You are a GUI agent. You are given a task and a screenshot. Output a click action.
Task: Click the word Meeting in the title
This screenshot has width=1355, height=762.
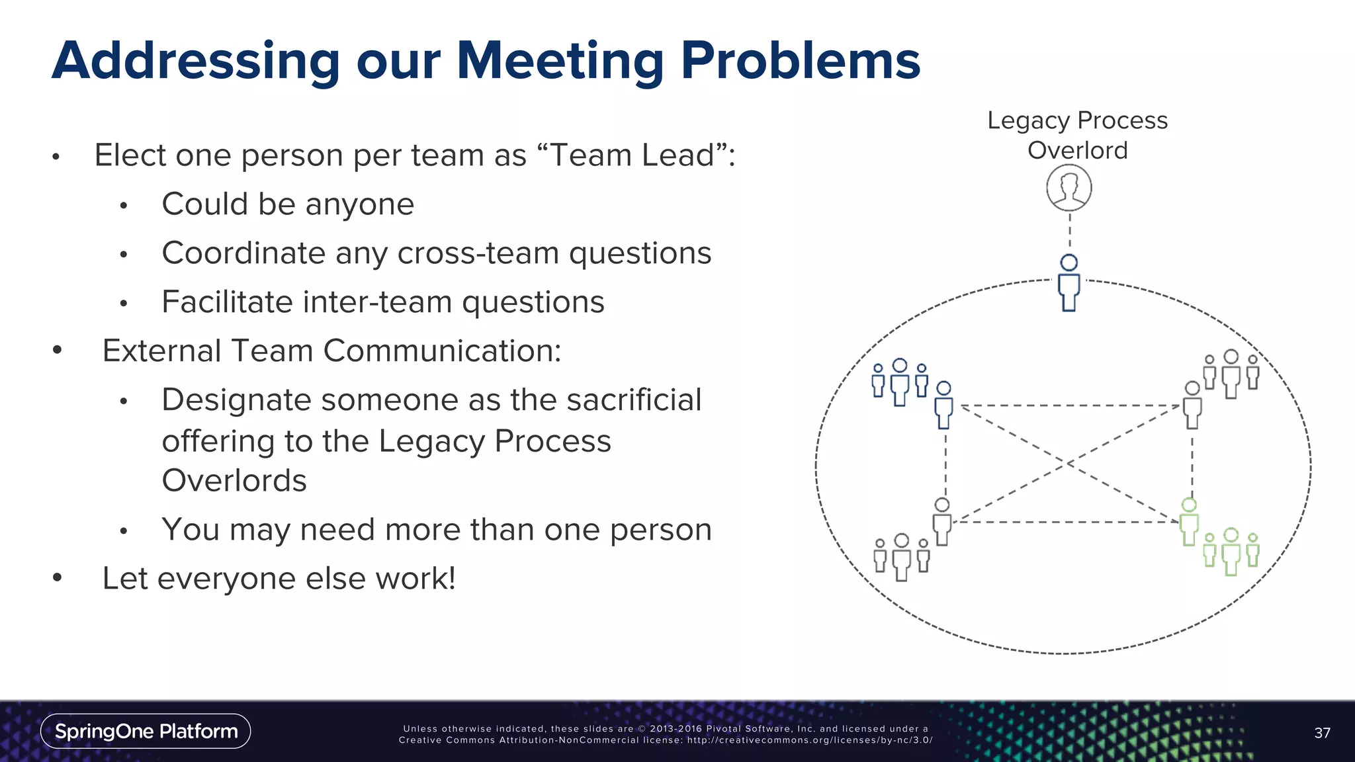(x=560, y=61)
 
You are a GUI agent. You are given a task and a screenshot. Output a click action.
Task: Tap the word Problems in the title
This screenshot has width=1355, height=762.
(x=801, y=61)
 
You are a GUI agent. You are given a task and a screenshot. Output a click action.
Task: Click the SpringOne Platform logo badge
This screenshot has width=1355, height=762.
(x=146, y=731)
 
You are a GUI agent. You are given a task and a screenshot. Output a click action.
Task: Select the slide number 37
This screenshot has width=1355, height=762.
(x=1322, y=733)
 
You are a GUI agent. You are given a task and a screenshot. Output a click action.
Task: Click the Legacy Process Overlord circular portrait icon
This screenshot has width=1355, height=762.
(x=1069, y=188)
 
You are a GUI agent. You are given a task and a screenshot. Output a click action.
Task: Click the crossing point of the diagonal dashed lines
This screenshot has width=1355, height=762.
(x=1067, y=464)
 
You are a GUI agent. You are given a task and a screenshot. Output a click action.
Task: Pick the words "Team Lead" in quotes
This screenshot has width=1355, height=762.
(x=633, y=156)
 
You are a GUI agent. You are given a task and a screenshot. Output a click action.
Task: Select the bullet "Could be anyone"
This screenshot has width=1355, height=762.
(x=288, y=204)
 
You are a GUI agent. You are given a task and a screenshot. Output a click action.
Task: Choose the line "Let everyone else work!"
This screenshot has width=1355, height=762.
(x=279, y=579)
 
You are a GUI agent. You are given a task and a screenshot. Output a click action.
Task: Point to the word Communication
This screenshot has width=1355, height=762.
(x=441, y=351)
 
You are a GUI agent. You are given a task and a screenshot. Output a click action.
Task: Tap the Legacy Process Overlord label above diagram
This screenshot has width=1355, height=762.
(x=1077, y=135)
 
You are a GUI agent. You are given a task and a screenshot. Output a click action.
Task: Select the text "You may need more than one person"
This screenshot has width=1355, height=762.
(x=436, y=530)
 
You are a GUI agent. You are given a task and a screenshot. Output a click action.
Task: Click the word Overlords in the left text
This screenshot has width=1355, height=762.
(x=234, y=481)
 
